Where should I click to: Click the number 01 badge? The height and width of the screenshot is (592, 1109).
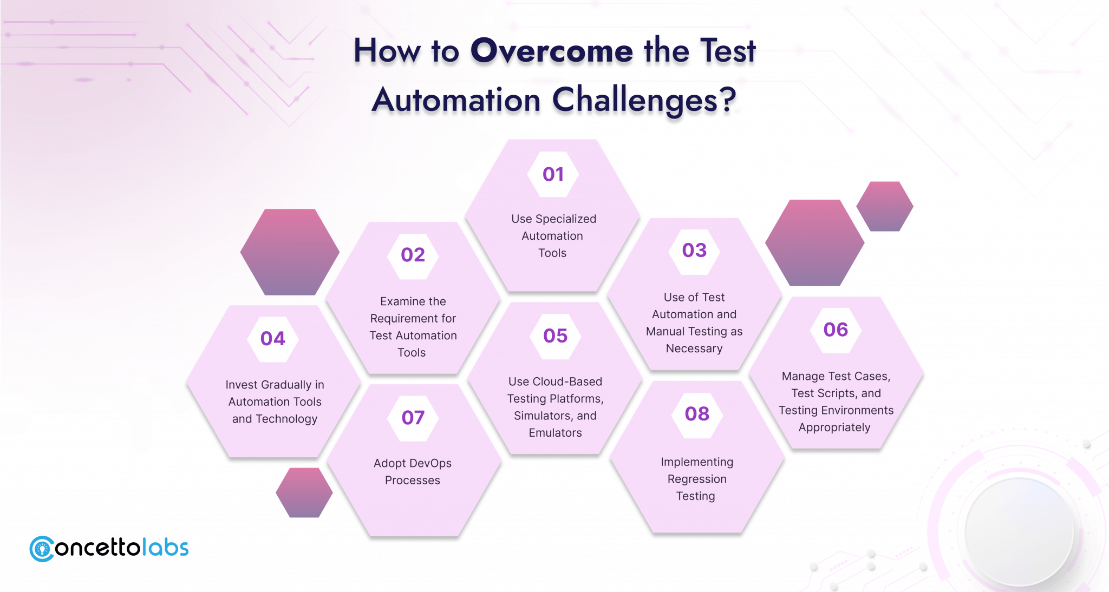pyautogui.click(x=553, y=174)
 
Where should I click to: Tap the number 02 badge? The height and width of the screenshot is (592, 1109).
pyautogui.click(x=413, y=255)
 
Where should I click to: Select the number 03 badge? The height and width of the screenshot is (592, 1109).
pyautogui.click(x=695, y=251)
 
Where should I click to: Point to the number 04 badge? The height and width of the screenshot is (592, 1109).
pyautogui.click(x=273, y=339)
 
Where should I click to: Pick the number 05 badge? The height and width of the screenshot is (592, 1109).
pyautogui.click(x=556, y=336)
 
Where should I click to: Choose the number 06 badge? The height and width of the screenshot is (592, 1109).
pyautogui.click(x=836, y=330)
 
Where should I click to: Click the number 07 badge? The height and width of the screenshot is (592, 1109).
pyautogui.click(x=413, y=418)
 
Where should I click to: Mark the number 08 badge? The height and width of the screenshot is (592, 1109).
pyautogui.click(x=697, y=415)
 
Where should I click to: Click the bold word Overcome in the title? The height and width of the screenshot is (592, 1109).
pyautogui.click(x=552, y=51)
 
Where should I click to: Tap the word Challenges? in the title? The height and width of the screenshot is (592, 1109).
pyautogui.click(x=644, y=100)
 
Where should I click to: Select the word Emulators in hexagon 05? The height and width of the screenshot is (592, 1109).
pyautogui.click(x=556, y=433)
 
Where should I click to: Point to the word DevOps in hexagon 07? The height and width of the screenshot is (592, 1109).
pyautogui.click(x=431, y=464)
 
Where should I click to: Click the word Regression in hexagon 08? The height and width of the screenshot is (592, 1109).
pyautogui.click(x=697, y=479)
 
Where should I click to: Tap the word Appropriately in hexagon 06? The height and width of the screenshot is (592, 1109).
pyautogui.click(x=834, y=427)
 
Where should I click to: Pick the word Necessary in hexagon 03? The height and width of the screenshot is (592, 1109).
pyautogui.click(x=694, y=349)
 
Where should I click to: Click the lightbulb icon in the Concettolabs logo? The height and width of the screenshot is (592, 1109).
pyautogui.click(x=42, y=549)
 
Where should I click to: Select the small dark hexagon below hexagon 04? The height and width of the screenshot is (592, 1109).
pyautogui.click(x=304, y=493)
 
